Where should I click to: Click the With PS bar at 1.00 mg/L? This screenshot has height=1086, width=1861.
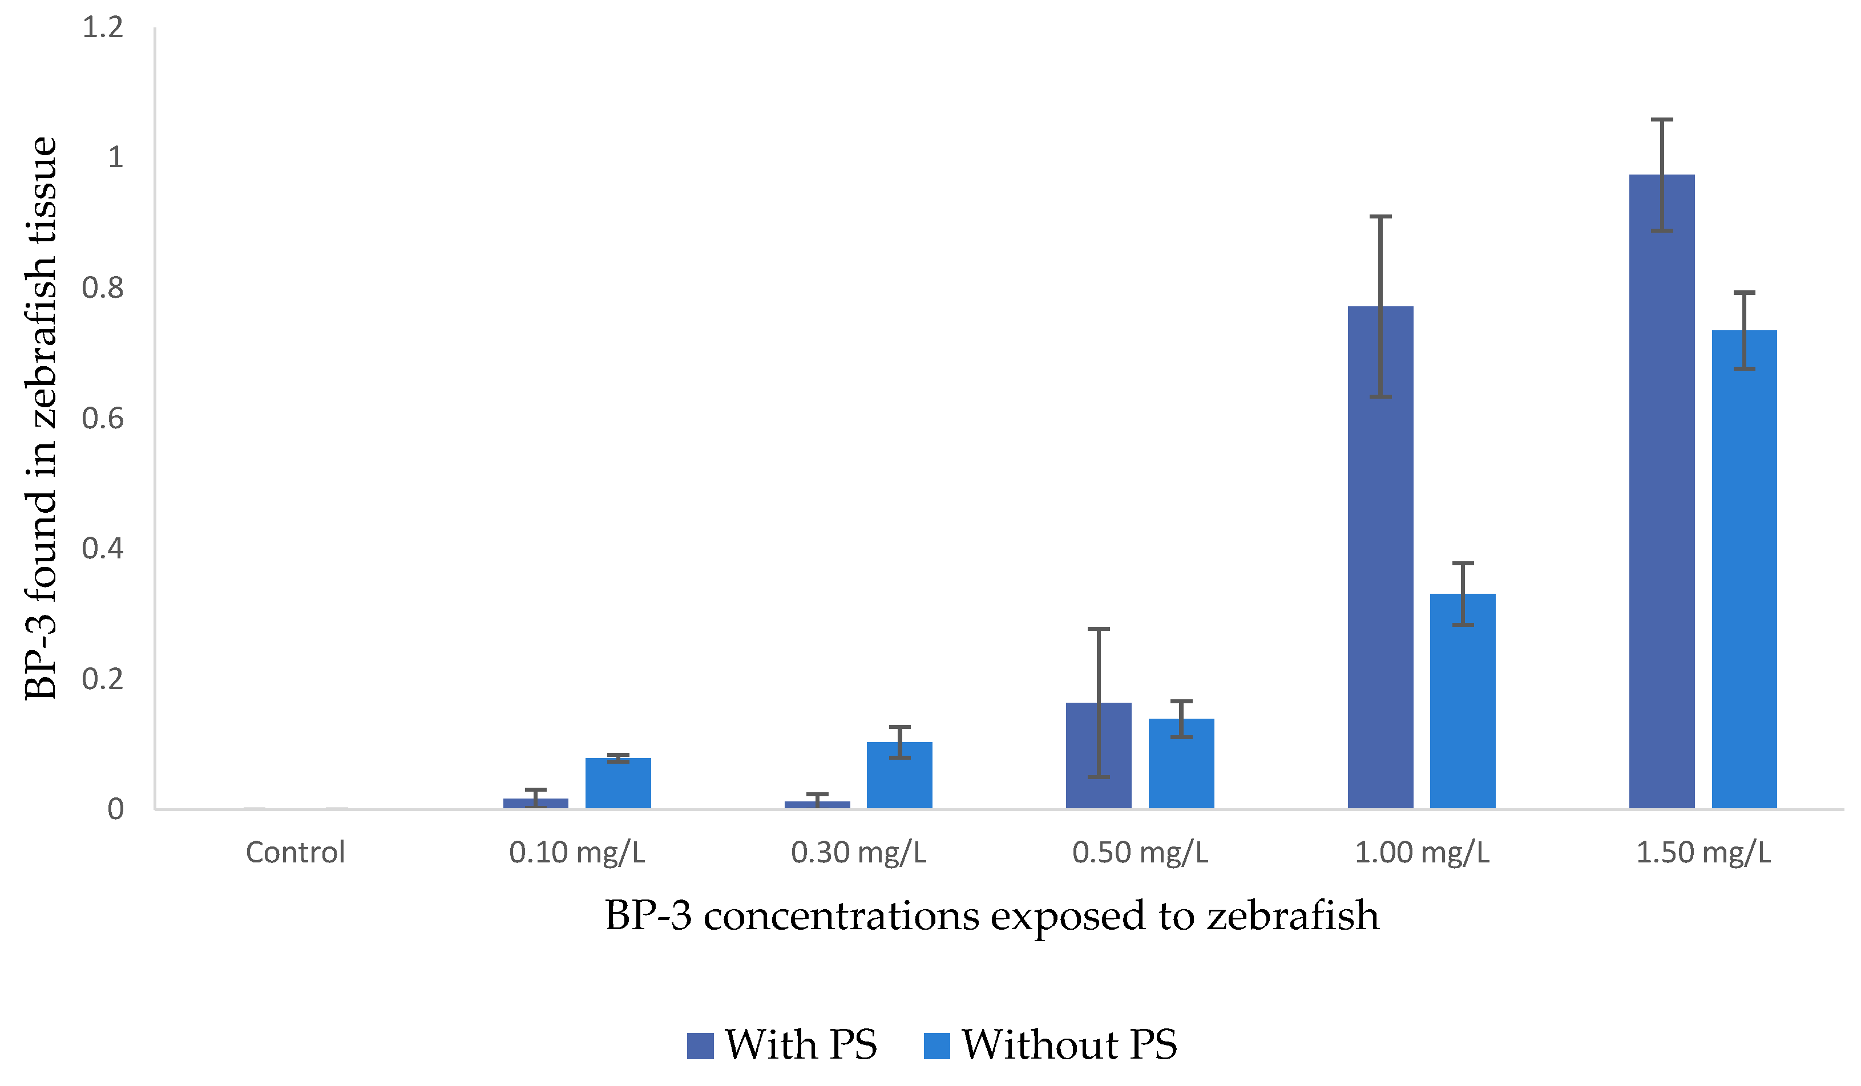(1380, 557)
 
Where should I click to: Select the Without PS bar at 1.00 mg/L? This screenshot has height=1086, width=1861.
(1463, 702)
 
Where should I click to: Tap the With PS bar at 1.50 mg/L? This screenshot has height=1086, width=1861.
(1662, 492)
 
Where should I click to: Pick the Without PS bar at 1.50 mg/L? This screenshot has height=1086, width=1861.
(1745, 569)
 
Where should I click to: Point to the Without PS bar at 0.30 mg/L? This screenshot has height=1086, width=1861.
(899, 775)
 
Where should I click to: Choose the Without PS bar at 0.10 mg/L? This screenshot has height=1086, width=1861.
(618, 783)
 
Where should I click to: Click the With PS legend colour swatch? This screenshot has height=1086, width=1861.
(700, 1046)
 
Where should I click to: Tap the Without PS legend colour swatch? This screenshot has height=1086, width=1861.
(937, 1046)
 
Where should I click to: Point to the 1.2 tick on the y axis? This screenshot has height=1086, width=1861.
(103, 27)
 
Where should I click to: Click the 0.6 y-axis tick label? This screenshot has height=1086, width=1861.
(103, 419)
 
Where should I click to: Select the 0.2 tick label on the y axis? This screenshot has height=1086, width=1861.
(103, 679)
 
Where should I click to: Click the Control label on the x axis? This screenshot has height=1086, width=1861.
(296, 853)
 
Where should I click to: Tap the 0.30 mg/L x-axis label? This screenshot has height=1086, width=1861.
(859, 853)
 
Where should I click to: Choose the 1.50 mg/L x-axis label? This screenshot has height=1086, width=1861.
(1703, 853)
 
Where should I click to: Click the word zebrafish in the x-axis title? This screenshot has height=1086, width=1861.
(1293, 915)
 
